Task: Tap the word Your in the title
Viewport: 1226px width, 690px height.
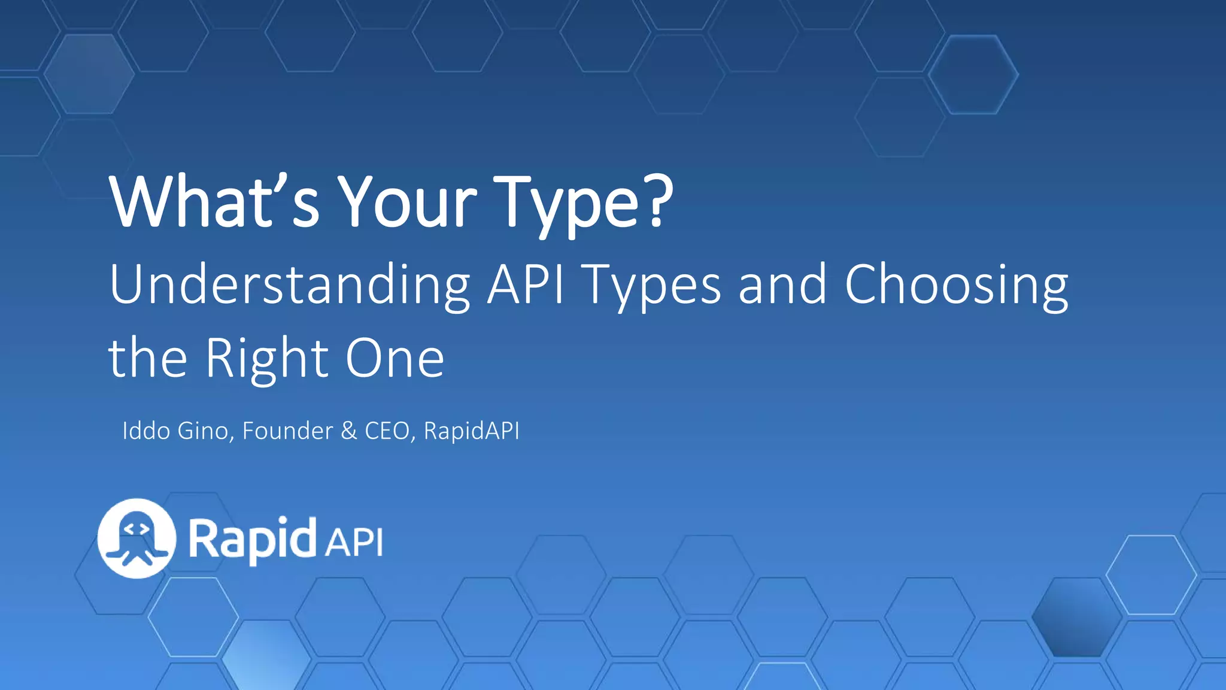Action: (407, 202)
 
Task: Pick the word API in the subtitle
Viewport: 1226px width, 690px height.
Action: (526, 285)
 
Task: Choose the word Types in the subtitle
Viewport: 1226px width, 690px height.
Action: (652, 286)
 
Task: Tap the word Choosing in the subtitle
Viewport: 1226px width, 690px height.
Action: (956, 285)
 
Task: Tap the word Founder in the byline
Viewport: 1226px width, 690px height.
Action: (287, 431)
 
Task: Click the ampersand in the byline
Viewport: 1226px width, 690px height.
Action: (348, 431)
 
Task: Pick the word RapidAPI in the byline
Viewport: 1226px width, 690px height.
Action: (472, 431)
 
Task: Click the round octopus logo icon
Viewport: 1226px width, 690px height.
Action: (137, 538)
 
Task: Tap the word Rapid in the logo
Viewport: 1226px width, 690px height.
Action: (252, 539)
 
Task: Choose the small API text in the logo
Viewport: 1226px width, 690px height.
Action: (354, 543)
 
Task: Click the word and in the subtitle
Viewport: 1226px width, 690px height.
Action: (782, 285)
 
